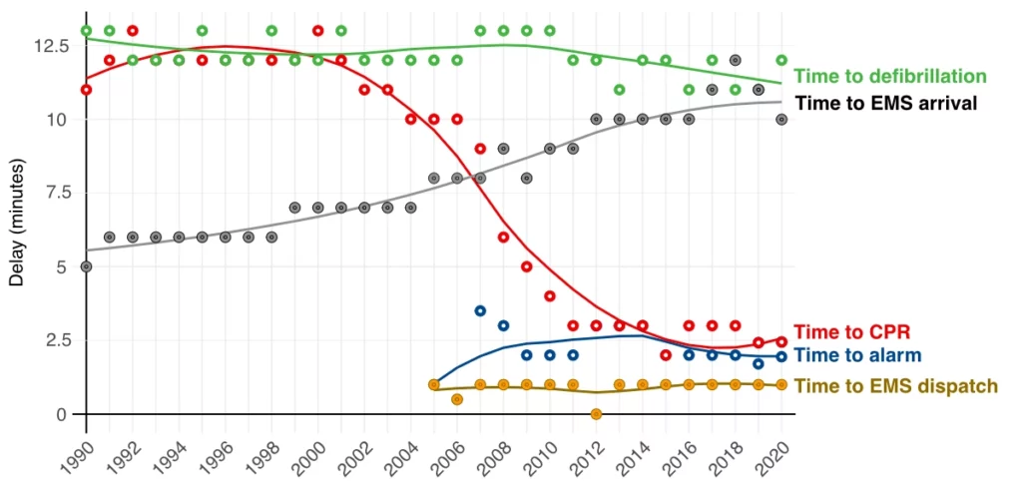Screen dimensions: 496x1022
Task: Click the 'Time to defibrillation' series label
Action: [x=889, y=77]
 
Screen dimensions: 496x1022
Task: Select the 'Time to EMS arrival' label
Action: [x=885, y=103]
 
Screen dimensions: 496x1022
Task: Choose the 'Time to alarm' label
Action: [x=857, y=355]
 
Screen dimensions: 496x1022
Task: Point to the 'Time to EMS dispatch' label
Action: [x=895, y=386]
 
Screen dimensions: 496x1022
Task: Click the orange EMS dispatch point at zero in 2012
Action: [x=596, y=414]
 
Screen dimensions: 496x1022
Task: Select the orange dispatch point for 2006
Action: [x=456, y=399]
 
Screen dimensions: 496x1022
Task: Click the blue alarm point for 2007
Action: [x=480, y=311]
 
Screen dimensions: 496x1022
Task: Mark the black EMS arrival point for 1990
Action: [x=86, y=266]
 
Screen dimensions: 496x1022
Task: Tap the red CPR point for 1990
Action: [x=86, y=90]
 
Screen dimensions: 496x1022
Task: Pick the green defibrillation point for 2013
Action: [x=619, y=90]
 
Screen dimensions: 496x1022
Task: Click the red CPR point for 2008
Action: [x=503, y=238]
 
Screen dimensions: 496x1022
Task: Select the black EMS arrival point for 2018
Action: [x=736, y=60]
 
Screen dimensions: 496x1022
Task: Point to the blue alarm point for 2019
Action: [x=759, y=364]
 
